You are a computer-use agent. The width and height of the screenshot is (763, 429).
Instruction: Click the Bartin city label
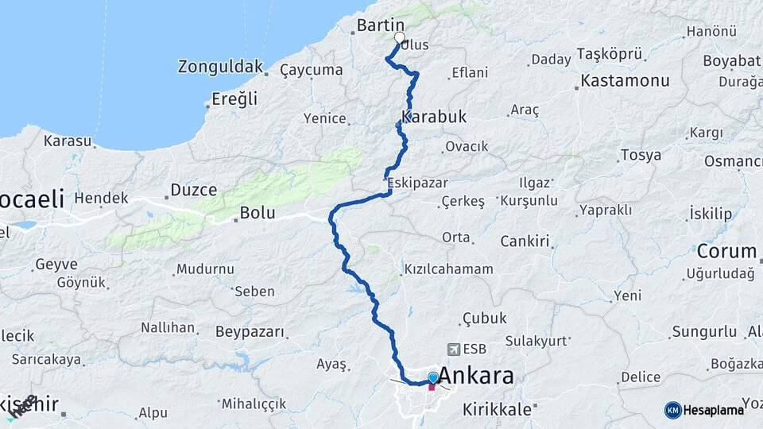(x=381, y=25)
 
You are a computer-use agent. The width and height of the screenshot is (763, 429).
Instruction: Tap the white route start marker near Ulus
(x=400, y=37)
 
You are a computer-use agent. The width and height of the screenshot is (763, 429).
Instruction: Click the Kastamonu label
(x=625, y=80)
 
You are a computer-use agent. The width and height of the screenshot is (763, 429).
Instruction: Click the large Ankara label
(x=477, y=376)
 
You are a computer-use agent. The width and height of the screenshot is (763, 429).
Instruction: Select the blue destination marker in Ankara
(x=432, y=378)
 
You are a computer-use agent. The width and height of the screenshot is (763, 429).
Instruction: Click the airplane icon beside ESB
(x=454, y=349)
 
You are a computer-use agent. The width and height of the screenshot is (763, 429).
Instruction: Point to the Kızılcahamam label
(x=448, y=269)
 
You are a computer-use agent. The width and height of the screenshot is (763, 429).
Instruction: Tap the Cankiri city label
(x=525, y=241)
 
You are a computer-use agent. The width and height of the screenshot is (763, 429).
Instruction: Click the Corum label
(x=726, y=252)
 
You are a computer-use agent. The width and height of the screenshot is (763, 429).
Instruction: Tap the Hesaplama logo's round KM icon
(x=673, y=410)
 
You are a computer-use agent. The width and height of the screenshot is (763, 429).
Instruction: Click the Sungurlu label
(x=704, y=331)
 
